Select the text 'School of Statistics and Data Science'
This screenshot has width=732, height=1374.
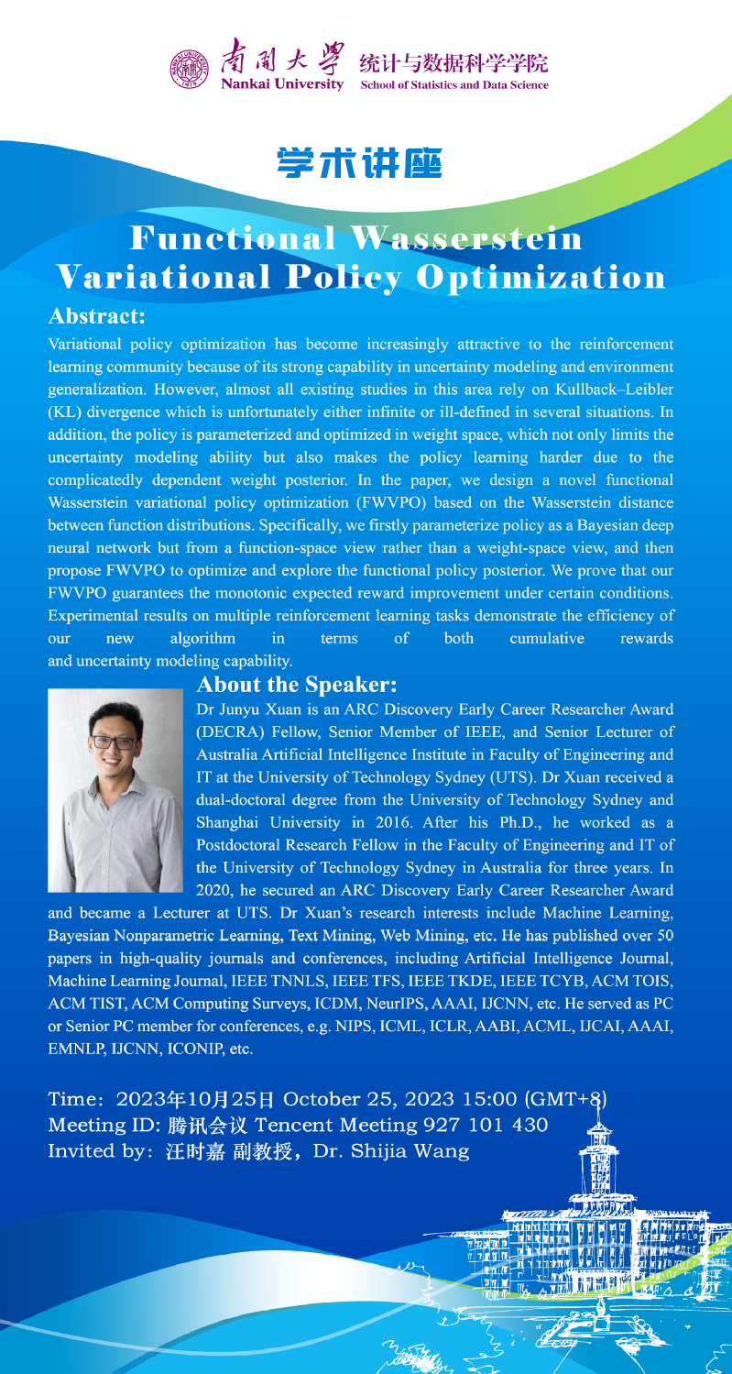(x=455, y=84)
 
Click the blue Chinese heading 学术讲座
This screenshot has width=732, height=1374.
(x=358, y=162)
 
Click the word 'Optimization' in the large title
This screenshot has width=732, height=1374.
(x=541, y=277)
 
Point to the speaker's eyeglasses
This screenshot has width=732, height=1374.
(x=115, y=742)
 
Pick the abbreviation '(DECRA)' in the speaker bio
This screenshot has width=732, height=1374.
(x=231, y=731)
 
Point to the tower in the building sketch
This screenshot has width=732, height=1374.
(x=600, y=1146)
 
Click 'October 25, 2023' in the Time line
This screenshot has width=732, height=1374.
(x=352, y=1098)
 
